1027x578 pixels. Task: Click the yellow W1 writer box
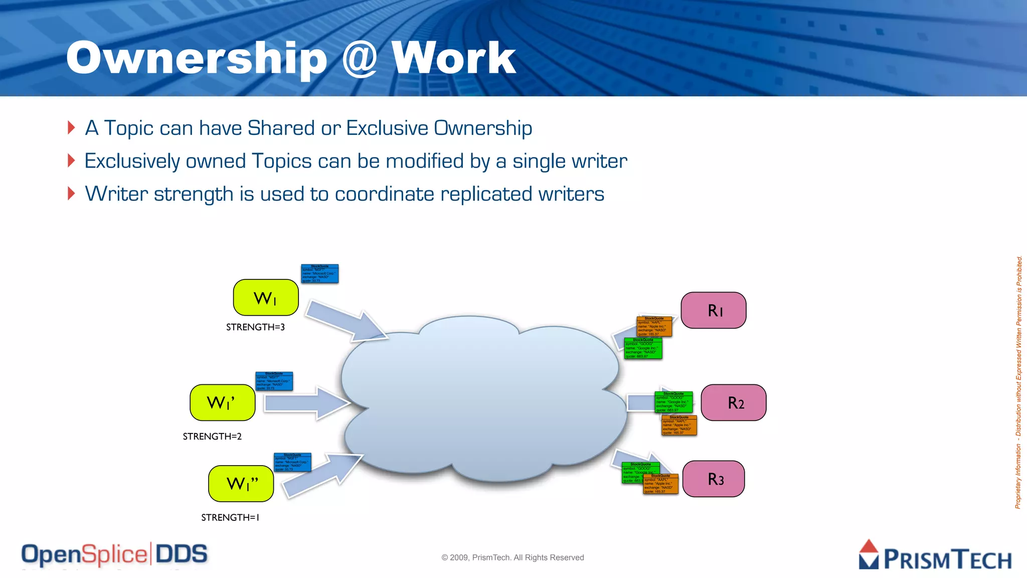(x=266, y=298)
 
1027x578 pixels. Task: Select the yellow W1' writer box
(x=222, y=402)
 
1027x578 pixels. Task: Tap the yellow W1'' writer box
(x=241, y=484)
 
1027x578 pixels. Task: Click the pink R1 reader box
(x=713, y=310)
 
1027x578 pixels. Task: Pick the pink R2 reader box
(x=733, y=402)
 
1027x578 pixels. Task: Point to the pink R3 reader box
(x=713, y=479)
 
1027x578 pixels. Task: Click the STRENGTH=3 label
(x=255, y=327)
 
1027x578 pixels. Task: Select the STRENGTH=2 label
(x=212, y=437)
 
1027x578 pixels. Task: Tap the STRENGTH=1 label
(x=230, y=517)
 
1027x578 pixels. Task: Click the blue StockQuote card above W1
(x=319, y=273)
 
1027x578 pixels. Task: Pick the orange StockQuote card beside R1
(x=654, y=326)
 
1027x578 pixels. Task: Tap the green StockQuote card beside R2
(x=673, y=402)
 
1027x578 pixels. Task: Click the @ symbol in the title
(x=359, y=59)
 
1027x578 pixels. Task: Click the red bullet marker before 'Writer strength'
(x=71, y=193)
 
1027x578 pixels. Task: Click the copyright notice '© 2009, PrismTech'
(x=512, y=557)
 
